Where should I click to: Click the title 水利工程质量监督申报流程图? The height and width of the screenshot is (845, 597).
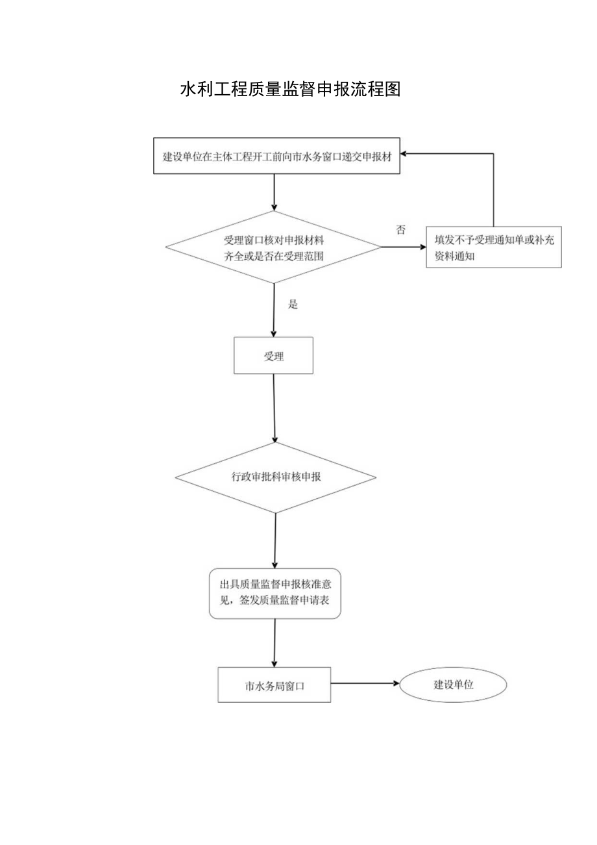(290, 90)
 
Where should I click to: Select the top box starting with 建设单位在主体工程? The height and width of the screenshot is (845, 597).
(277, 157)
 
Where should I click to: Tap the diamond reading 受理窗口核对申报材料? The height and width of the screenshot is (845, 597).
(273, 247)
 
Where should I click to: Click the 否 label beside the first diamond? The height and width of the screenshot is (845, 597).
(400, 230)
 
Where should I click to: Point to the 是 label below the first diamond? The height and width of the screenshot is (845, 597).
(293, 304)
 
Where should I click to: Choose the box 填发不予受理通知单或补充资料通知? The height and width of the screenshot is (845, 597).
(493, 247)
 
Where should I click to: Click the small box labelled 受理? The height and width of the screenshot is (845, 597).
(274, 355)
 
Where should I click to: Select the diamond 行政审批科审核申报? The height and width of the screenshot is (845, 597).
(276, 477)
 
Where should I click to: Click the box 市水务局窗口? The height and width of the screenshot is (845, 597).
(274, 685)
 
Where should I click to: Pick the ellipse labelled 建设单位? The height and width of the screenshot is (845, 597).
(452, 684)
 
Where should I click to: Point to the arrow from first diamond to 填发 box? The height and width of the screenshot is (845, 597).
(402, 247)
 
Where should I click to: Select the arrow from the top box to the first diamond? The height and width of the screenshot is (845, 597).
(274, 192)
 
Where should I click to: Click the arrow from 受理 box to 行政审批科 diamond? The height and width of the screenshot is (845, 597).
(275, 408)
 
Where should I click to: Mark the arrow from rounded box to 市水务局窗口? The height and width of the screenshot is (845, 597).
(274, 642)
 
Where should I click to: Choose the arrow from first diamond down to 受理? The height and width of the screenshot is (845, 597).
(274, 310)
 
